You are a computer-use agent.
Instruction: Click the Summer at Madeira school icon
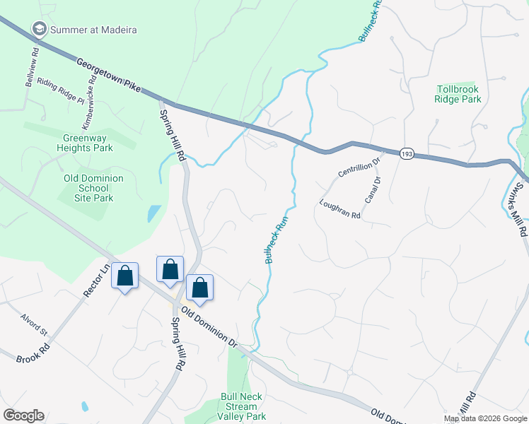pyautogui.click(x=39, y=29)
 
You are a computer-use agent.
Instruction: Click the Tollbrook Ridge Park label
pyautogui.click(x=458, y=94)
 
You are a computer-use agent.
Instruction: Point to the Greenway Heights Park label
pyautogui.click(x=88, y=143)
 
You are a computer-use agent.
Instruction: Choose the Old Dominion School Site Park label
pyautogui.click(x=93, y=188)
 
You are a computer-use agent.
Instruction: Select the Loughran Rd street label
pyautogui.click(x=339, y=210)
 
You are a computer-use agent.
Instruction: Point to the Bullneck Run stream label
pyautogui.click(x=279, y=240)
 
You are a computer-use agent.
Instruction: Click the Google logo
pyautogui.click(x=23, y=416)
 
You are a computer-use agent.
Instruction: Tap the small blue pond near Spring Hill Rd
pyautogui.click(x=153, y=213)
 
